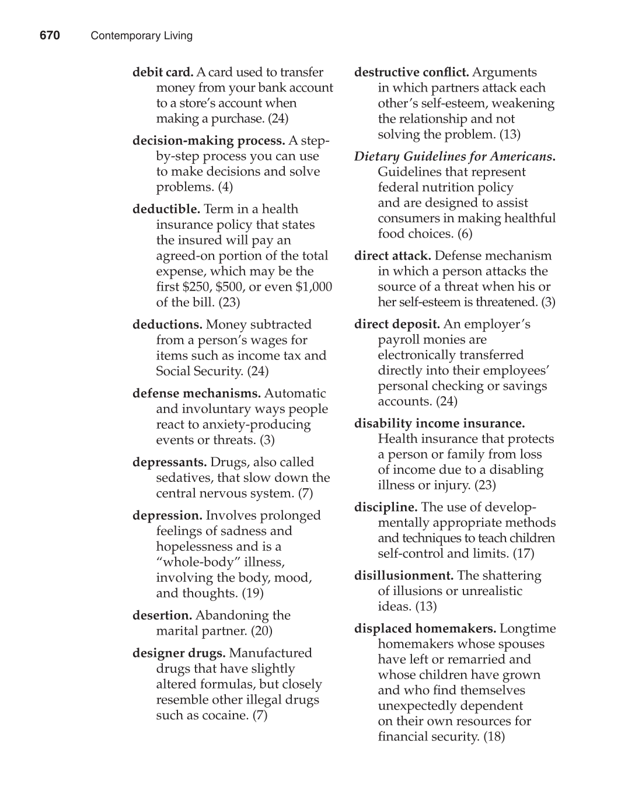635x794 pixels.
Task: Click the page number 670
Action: (50, 36)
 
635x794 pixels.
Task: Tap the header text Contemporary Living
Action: (141, 36)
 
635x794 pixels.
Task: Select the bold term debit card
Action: (163, 72)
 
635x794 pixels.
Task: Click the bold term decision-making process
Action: (208, 141)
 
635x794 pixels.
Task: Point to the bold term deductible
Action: (166, 209)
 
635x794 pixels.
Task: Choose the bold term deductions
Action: (168, 324)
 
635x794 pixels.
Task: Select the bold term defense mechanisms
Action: (197, 393)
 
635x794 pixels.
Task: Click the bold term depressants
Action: (170, 462)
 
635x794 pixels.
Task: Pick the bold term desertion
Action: (162, 615)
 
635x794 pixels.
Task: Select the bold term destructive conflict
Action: (411, 72)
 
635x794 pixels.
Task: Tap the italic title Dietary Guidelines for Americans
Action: (455, 156)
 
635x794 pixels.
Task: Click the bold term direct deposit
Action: (397, 324)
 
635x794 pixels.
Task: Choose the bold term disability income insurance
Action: (439, 423)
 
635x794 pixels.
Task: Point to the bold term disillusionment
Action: (404, 575)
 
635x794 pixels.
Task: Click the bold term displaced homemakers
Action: (425, 628)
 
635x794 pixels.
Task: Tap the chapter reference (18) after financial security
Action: (494, 736)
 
